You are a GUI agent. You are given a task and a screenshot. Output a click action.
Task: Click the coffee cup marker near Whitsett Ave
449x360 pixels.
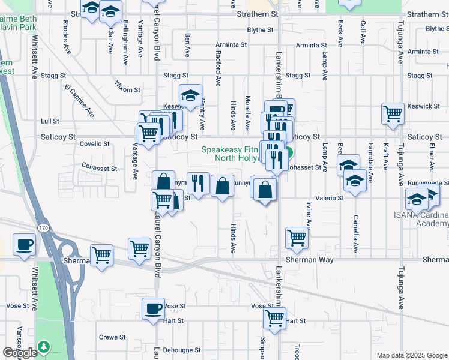point(24,245)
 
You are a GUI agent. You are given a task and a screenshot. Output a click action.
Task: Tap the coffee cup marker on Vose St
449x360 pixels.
point(153,309)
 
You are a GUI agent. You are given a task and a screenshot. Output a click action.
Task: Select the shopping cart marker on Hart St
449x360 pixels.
point(275,318)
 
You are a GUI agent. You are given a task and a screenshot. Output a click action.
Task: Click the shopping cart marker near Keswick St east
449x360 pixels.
point(393,113)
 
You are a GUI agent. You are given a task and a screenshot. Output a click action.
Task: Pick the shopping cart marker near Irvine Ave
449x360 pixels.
point(297,238)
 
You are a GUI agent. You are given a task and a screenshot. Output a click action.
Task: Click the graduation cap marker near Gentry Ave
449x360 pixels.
point(190,95)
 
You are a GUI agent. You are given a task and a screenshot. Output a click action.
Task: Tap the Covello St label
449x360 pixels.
point(94,144)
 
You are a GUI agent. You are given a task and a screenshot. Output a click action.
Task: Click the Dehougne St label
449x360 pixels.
point(184,350)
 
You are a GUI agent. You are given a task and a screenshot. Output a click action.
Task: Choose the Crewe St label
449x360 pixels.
point(112,337)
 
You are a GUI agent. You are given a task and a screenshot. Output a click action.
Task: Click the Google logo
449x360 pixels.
point(20,353)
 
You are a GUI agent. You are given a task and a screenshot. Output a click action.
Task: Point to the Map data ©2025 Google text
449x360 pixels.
point(411,355)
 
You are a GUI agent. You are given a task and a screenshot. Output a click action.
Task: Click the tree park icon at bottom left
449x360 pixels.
point(43,347)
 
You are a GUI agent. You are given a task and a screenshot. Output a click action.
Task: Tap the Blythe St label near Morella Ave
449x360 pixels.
point(260,29)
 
